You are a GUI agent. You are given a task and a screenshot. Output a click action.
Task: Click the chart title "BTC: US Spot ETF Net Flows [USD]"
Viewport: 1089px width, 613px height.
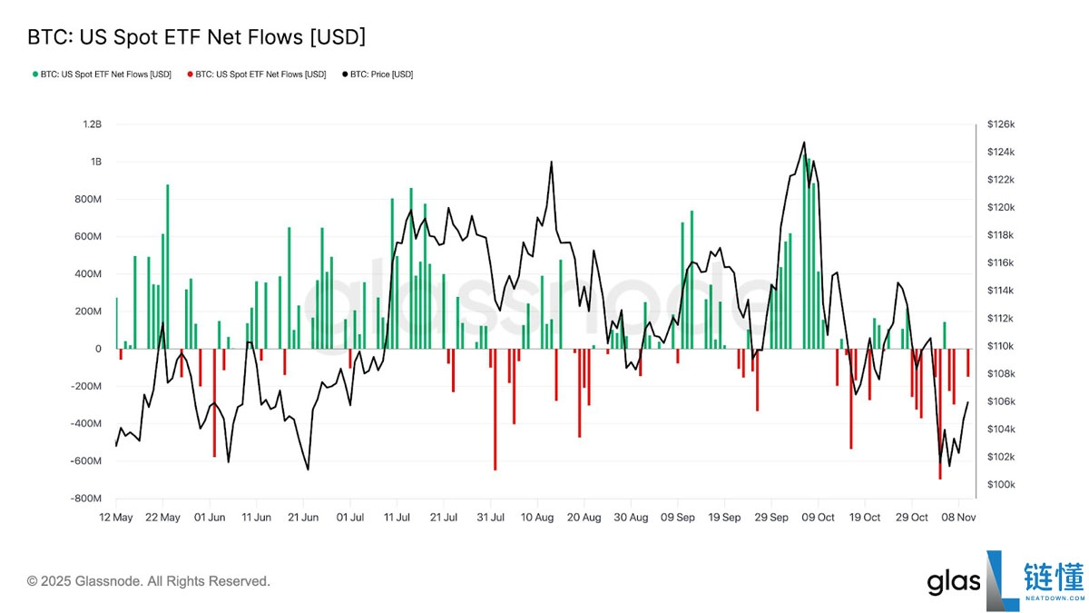196,37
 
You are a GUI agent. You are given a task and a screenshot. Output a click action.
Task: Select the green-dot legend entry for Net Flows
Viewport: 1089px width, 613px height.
101,74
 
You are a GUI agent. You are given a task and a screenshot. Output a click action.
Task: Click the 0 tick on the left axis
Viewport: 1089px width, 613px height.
97,349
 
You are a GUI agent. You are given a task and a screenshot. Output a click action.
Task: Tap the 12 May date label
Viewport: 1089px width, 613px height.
116,517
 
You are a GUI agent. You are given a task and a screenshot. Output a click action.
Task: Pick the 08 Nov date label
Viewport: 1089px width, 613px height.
959,517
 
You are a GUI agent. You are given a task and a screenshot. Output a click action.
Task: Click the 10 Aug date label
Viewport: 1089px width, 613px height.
537,517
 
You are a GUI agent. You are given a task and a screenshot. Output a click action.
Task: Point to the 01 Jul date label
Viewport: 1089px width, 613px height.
350,517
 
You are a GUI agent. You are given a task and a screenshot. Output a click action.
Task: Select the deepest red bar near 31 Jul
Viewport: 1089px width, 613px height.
495,409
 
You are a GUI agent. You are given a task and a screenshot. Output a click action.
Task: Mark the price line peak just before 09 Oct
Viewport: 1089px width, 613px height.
804,143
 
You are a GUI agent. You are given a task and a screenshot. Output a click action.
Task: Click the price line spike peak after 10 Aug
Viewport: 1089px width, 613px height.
551,163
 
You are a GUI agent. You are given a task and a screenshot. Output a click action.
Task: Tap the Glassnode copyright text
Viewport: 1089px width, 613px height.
149,581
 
